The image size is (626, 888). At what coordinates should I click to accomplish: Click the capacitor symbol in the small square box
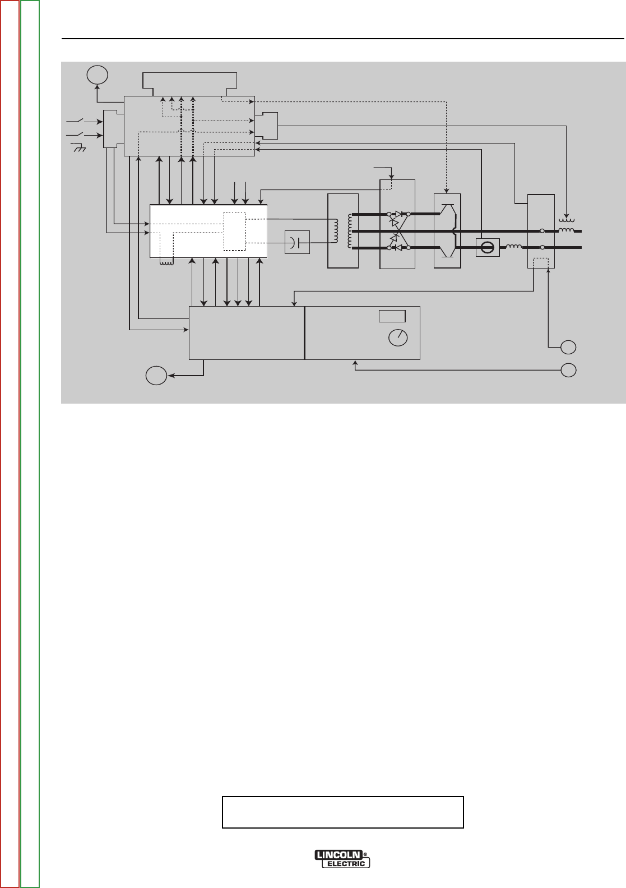[297, 242]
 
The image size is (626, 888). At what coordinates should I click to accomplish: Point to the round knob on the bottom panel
[398, 337]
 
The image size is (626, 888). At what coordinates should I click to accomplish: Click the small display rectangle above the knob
[392, 316]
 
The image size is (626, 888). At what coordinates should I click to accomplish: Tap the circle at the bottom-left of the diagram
[157, 376]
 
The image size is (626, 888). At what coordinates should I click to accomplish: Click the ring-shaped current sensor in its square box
[486, 247]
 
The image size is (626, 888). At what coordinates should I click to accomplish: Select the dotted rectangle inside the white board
[234, 232]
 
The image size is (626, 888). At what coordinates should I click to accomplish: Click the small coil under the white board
[166, 261]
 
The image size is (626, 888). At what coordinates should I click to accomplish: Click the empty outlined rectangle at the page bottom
[343, 812]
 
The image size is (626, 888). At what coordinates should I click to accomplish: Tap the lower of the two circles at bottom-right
[568, 370]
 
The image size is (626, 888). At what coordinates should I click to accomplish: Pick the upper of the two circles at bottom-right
[568, 347]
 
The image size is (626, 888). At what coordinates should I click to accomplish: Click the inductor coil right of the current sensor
[513, 247]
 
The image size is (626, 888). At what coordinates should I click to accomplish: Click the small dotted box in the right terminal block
[541, 262]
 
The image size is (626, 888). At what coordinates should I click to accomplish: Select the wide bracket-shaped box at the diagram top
[190, 82]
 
